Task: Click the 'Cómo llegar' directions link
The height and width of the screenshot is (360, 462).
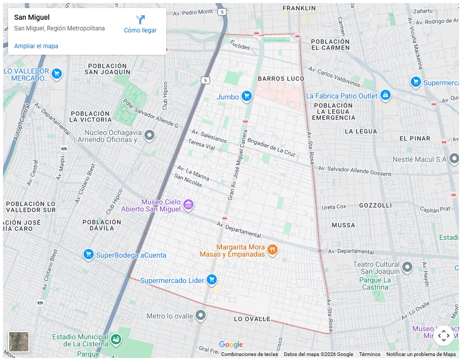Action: click(140, 24)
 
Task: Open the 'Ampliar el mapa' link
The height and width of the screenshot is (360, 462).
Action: click(36, 46)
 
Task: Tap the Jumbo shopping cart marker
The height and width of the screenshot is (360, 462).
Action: click(247, 96)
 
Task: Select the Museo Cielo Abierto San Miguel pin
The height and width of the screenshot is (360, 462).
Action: click(188, 205)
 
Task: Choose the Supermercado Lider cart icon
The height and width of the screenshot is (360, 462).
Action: click(212, 280)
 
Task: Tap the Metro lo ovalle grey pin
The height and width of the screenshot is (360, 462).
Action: click(201, 315)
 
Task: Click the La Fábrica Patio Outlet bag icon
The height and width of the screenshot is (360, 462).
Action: click(386, 95)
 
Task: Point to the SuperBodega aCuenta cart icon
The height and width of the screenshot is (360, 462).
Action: click(88, 254)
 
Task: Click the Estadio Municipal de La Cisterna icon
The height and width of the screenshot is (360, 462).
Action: click(116, 338)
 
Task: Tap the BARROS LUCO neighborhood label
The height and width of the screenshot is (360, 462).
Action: click(281, 79)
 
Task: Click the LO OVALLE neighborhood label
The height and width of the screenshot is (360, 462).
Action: click(252, 319)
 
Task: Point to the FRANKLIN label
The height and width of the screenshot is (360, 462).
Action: click(299, 8)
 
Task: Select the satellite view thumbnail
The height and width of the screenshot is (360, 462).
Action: click(19, 342)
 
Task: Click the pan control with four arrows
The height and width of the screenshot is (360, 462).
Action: click(443, 335)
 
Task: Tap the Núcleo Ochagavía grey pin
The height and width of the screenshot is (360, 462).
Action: click(149, 135)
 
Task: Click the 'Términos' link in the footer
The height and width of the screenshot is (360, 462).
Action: click(369, 354)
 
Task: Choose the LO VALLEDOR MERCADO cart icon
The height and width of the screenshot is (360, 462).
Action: click(57, 74)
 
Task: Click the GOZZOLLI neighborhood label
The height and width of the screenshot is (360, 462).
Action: click(375, 206)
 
